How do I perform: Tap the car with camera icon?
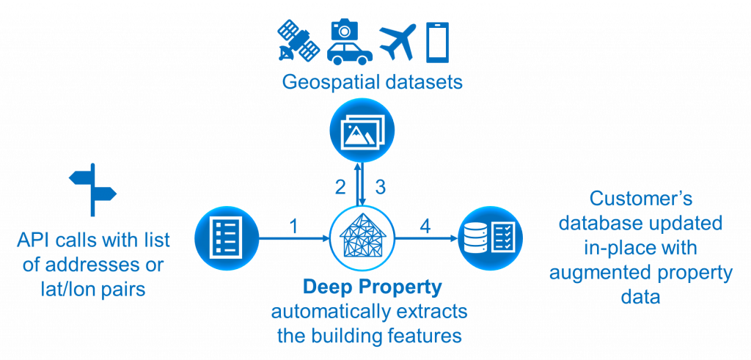349,42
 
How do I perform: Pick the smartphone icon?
437,42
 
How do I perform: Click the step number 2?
340,187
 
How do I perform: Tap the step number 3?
380,187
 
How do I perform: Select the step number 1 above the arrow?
295,226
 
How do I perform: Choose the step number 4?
425,226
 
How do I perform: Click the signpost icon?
92,190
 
